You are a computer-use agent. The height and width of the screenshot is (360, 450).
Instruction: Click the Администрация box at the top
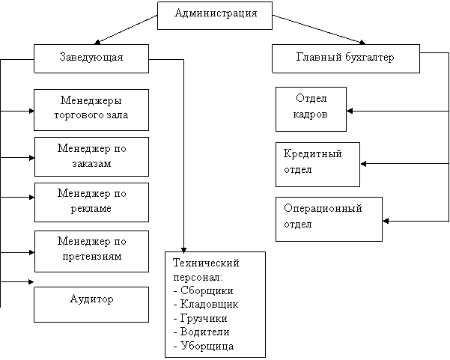click(215, 16)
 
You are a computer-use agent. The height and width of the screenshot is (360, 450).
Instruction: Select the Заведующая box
click(91, 58)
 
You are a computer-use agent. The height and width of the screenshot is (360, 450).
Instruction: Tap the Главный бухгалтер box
click(346, 58)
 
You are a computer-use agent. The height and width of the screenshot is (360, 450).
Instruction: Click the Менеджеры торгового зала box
click(91, 110)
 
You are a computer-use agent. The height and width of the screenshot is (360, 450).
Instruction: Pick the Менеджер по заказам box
click(91, 156)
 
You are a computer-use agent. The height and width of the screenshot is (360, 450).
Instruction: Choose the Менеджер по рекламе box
click(91, 203)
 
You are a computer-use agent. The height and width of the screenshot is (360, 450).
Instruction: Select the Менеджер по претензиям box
click(91, 251)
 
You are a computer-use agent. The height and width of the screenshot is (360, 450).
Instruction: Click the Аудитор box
click(91, 305)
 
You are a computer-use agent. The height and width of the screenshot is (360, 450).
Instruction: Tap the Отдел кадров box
click(311, 109)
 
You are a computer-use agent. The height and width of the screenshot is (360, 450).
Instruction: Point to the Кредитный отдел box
click(317, 165)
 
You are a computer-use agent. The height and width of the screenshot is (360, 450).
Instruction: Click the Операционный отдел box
click(329, 219)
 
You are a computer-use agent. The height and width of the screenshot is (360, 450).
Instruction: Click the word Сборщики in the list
click(207, 290)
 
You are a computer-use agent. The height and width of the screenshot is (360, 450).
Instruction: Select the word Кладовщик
click(209, 304)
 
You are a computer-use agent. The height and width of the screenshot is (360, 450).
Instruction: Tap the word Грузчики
click(204, 318)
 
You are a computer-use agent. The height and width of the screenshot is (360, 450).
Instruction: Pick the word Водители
click(205, 332)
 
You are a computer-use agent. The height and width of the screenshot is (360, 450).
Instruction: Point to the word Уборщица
click(207, 346)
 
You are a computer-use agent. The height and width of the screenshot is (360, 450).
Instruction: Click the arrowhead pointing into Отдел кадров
click(350, 111)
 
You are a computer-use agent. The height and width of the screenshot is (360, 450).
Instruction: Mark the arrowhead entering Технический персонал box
click(183, 249)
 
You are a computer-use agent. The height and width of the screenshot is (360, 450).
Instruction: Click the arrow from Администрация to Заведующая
click(126, 29)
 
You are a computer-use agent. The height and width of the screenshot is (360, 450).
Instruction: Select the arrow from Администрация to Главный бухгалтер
click(319, 29)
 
